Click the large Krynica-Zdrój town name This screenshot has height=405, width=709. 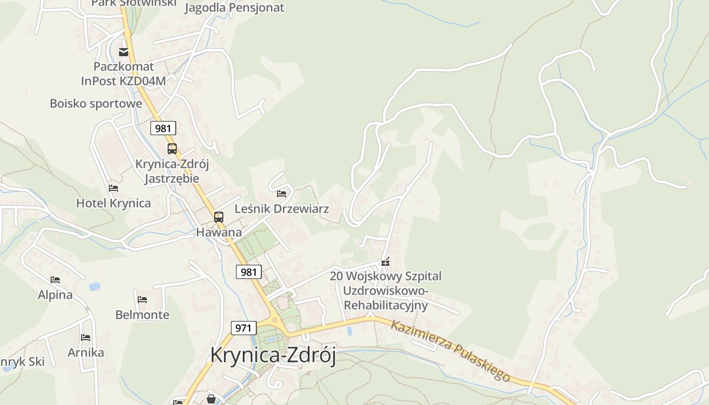(273, 355)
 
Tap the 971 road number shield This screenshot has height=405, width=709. (243, 328)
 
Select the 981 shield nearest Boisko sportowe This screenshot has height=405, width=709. (163, 128)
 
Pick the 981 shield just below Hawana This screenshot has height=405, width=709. (249, 272)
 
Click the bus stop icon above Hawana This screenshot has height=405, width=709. (219, 217)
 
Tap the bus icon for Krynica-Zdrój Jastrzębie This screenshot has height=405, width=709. (172, 149)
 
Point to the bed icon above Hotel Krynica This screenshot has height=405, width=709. (113, 188)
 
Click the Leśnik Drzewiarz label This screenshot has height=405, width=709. (282, 209)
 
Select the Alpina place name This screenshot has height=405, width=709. (55, 295)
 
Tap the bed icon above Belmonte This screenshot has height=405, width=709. (142, 300)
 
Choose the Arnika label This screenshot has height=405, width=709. (86, 352)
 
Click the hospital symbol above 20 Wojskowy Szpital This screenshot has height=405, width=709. (386, 262)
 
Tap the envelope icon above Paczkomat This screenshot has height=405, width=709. (124, 52)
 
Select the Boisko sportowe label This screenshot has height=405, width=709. (96, 103)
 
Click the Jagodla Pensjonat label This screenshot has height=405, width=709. (234, 8)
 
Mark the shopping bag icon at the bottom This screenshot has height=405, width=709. (211, 399)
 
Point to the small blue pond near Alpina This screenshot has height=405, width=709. (95, 287)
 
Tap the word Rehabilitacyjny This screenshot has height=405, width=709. (385, 305)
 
